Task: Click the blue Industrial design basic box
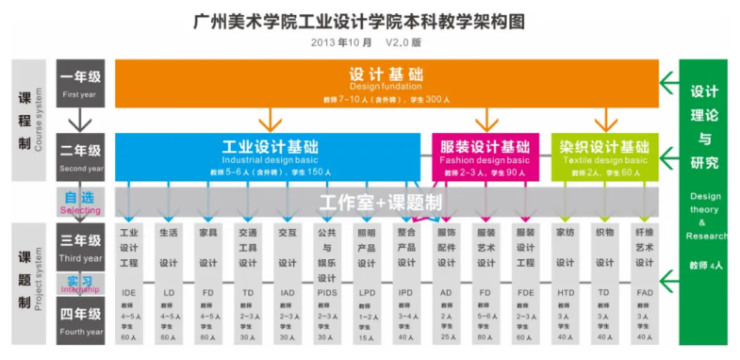(270, 156)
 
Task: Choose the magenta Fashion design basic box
(485, 156)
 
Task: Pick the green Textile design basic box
(603, 156)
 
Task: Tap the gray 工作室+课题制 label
(374, 203)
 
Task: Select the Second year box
(82, 156)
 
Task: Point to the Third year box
(82, 247)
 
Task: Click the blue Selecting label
(82, 202)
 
